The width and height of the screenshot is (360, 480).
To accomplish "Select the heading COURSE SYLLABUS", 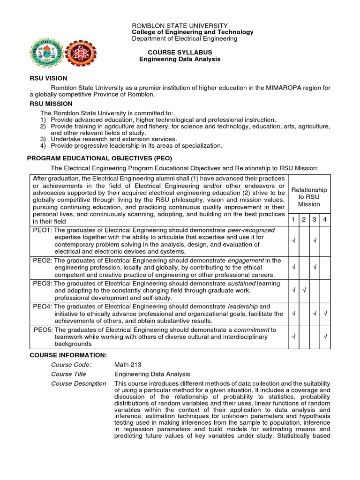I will (180, 52).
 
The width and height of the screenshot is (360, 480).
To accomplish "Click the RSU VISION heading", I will (48, 78).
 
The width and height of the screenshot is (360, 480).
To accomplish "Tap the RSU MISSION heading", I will (51, 104).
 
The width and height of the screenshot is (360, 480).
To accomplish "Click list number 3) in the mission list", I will (43, 139).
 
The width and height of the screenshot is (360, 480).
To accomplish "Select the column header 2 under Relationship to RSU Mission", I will (304, 220).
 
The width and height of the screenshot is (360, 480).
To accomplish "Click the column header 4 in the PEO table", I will (325, 220).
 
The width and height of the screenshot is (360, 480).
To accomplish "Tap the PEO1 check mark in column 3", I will (315, 240).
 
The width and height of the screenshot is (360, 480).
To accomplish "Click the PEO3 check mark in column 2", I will (304, 290).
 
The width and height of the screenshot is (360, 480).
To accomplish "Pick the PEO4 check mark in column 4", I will (325, 313).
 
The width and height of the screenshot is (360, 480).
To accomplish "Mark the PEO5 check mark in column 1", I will (293, 337).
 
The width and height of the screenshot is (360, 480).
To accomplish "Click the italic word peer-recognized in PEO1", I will (251, 230).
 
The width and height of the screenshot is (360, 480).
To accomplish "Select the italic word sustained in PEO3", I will (241, 284).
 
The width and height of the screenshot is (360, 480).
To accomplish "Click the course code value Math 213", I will (127, 365).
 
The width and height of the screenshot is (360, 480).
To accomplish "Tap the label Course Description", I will (78, 383).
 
